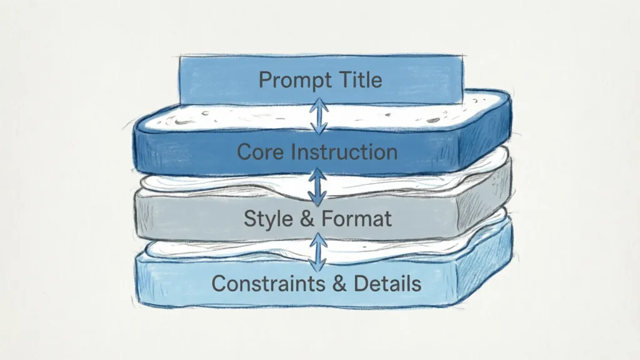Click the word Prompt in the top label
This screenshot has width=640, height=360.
tap(291, 81)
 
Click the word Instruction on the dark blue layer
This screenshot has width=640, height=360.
tap(344, 152)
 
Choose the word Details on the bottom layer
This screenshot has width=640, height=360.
tap(387, 283)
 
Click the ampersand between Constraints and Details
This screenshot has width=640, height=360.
tap(341, 283)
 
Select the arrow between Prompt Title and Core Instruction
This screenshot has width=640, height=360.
tap(320, 116)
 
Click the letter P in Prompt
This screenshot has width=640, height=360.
tap(265, 81)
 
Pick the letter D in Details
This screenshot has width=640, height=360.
tap(361, 283)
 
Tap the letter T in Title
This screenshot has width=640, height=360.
tap(338, 80)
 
